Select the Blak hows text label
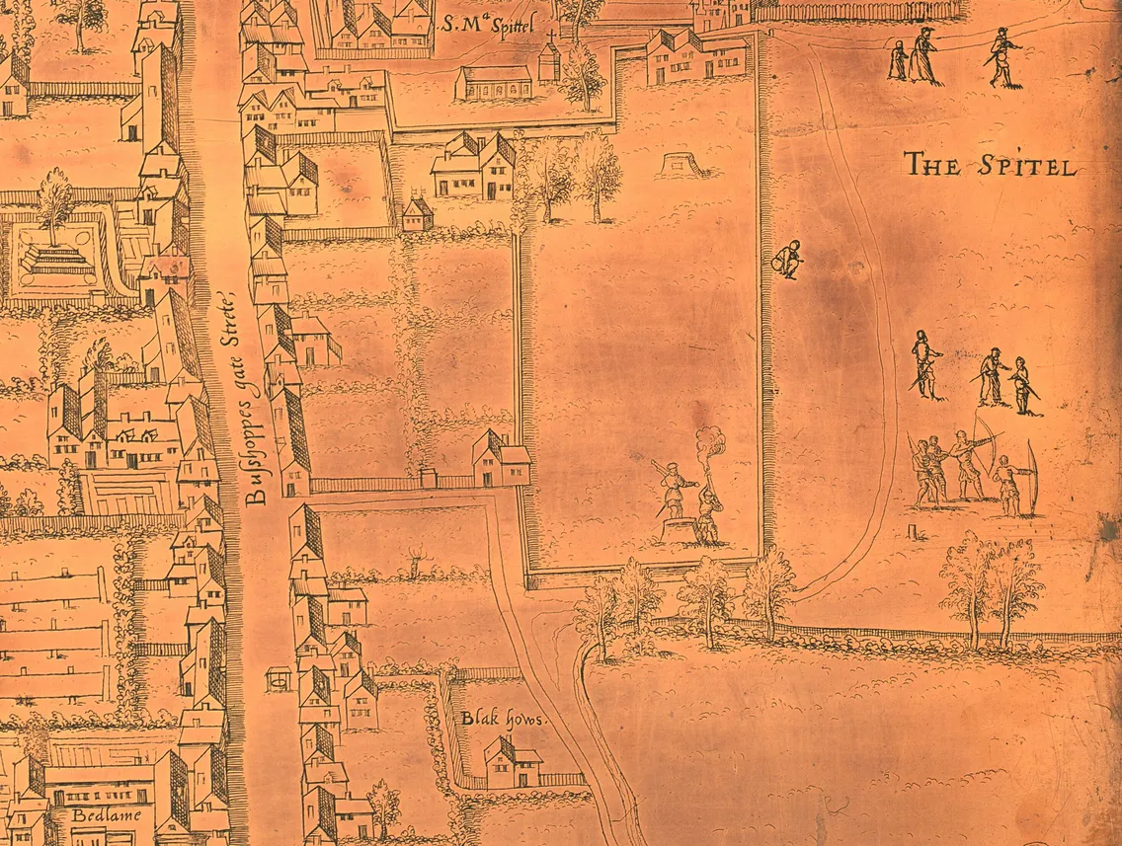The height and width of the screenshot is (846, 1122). coord(504,719)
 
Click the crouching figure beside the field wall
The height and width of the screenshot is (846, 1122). coord(788,260)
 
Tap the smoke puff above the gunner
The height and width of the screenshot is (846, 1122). coord(710,442)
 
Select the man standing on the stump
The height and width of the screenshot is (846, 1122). coord(677,489)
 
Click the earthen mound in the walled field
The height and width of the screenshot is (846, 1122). coord(681,163)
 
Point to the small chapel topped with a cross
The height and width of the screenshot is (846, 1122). coord(549,59)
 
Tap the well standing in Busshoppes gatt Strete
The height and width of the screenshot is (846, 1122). coord(280,678)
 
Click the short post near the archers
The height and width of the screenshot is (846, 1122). coord(922,532)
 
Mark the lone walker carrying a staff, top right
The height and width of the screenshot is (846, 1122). coord(1003,58)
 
